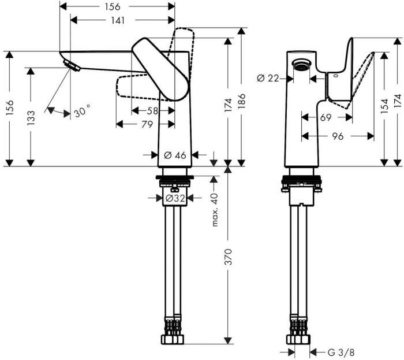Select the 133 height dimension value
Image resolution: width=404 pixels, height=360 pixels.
[x=31, y=118]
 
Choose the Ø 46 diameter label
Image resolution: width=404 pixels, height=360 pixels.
[x=175, y=139]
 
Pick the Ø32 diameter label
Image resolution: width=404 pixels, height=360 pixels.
[x=175, y=198]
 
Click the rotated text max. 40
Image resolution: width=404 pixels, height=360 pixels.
[x=215, y=210]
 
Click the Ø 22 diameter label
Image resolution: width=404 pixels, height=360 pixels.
[x=269, y=78]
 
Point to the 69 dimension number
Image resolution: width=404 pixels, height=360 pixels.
[x=326, y=117]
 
